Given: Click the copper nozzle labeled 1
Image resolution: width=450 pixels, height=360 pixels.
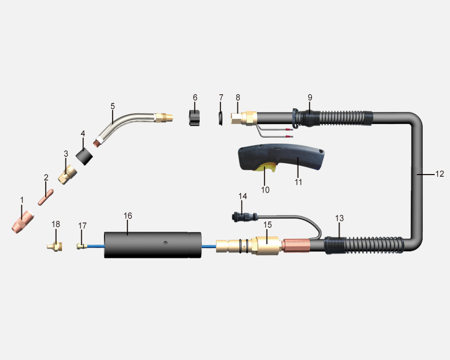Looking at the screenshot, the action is click(22, 222).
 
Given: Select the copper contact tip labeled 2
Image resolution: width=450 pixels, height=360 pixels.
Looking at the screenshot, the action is click(46, 197).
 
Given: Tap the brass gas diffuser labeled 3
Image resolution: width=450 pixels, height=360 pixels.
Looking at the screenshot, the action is click(67, 175).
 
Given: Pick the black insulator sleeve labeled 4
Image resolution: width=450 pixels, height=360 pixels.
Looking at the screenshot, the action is click(84, 156).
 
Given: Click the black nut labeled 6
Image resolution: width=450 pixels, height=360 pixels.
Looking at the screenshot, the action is click(195, 117).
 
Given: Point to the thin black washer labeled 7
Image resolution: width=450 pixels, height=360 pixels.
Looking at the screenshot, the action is click(220, 118).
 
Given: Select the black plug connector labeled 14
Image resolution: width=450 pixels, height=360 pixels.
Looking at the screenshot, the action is click(244, 216).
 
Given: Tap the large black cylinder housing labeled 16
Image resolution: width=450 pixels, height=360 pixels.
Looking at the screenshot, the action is click(152, 245).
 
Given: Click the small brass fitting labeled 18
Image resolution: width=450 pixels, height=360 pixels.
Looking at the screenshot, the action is click(55, 246).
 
